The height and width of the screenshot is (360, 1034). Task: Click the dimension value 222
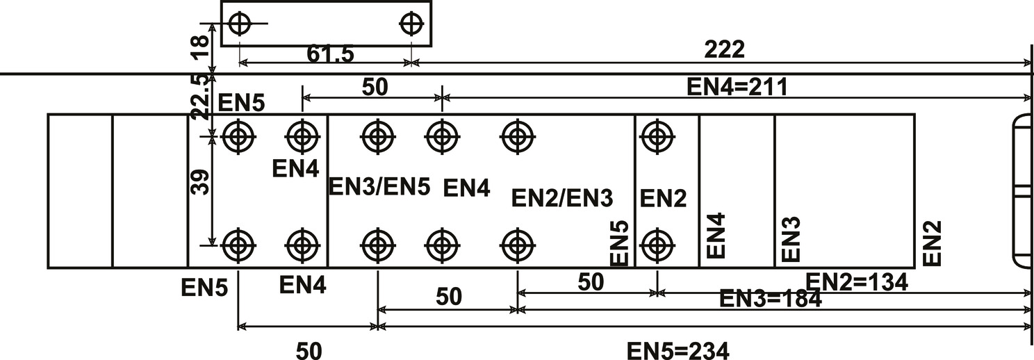pyautogui.click(x=724, y=50)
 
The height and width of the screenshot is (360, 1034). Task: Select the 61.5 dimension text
pyautogui.click(x=330, y=54)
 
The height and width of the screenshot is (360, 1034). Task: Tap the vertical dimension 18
pyautogui.click(x=199, y=48)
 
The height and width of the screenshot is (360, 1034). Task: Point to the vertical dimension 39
pyautogui.click(x=199, y=182)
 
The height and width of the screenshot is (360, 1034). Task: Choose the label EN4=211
pyautogui.click(x=737, y=88)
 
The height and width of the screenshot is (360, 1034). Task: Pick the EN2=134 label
pyautogui.click(x=857, y=282)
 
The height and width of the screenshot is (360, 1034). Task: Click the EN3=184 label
pyautogui.click(x=771, y=299)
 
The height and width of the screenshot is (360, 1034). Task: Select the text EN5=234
pyautogui.click(x=678, y=351)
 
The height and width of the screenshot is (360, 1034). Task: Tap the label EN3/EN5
pyautogui.click(x=379, y=187)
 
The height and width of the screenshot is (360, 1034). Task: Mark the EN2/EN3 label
pyautogui.click(x=561, y=198)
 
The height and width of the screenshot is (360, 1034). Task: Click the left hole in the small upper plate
pyautogui.click(x=239, y=24)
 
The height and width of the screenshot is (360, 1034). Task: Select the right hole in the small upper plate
pyautogui.click(x=411, y=24)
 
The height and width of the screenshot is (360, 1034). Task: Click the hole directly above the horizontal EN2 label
pyautogui.click(x=657, y=137)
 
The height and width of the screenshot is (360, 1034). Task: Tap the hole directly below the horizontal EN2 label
pyautogui.click(x=657, y=245)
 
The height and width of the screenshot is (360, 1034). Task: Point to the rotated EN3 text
pyautogui.click(x=791, y=240)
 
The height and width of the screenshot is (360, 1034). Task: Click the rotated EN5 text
pyautogui.click(x=619, y=243)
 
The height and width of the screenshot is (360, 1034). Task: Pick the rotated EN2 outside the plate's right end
pyautogui.click(x=932, y=243)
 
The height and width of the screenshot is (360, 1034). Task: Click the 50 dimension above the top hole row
pyautogui.click(x=375, y=88)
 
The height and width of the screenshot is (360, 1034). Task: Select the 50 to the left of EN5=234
pyautogui.click(x=309, y=351)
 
